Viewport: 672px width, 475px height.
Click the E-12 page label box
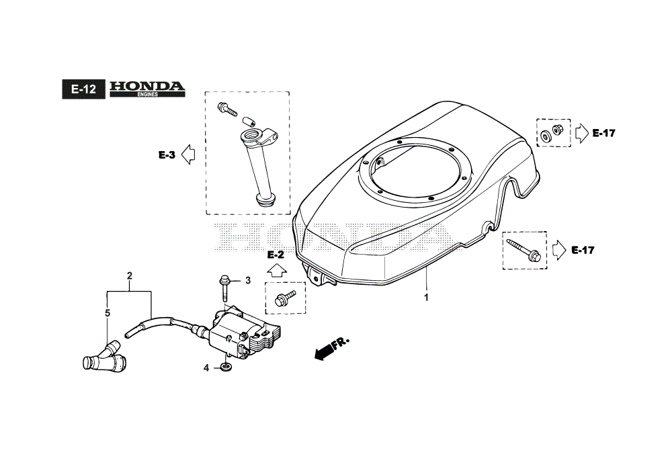(83, 89)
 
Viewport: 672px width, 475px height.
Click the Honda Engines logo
(147, 89)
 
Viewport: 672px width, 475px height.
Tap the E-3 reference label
(167, 155)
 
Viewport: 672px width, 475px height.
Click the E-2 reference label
(276, 255)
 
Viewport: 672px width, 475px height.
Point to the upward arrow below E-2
(276, 271)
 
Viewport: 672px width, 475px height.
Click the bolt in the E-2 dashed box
(285, 297)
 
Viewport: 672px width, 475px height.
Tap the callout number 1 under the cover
(426, 297)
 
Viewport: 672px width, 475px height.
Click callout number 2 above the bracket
(130, 276)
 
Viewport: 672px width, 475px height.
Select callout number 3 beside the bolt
(248, 281)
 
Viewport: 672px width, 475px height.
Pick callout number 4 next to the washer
(206, 368)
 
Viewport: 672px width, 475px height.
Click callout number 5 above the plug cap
(107, 313)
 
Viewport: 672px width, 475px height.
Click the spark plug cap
(104, 356)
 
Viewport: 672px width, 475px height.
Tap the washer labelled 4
(225, 367)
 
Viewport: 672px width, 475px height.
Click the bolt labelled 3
(224, 288)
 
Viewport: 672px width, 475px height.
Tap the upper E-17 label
(604, 133)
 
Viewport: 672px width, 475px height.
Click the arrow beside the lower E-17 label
(559, 250)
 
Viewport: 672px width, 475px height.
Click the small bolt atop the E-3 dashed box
(227, 110)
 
